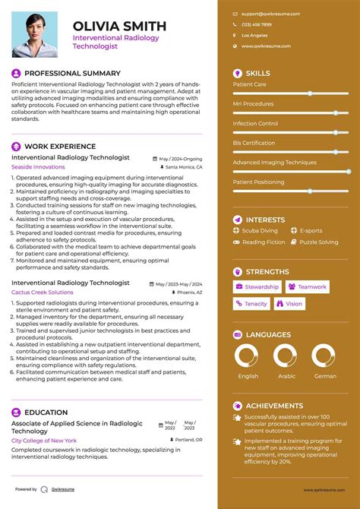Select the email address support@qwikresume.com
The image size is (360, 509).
[x=270, y=14]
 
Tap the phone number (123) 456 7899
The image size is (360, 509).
[x=257, y=24]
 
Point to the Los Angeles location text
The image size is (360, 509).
[x=254, y=35]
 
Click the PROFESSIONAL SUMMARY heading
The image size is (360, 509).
[x=72, y=73]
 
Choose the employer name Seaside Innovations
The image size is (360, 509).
[x=38, y=166]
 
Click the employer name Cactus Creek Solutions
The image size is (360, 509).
[x=43, y=292]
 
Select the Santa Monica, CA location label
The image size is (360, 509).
[x=184, y=166]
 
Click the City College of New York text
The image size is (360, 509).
[x=44, y=440]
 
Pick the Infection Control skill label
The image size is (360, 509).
[x=255, y=123]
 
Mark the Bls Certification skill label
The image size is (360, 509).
[x=254, y=143]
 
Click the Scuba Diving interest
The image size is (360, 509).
[x=260, y=230]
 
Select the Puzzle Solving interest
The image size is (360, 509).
[x=318, y=242]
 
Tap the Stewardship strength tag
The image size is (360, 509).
[x=257, y=287]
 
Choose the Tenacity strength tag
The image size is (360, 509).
[x=251, y=304]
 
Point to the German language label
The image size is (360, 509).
[x=324, y=376]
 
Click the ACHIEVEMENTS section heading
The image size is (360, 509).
[x=274, y=406]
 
